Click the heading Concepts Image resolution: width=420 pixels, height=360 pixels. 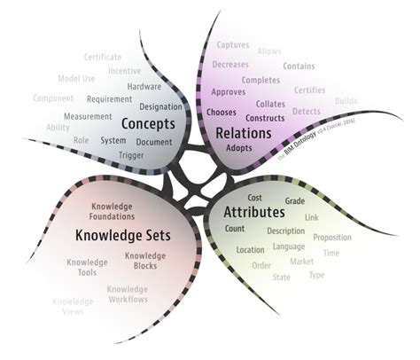pos(150,123)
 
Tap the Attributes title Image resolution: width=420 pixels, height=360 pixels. pos(253,213)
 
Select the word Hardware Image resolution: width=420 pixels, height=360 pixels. pos(144,87)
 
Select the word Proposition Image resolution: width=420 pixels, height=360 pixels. pos(332,238)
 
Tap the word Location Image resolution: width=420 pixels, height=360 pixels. pos(251,250)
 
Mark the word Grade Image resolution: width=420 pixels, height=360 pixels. pos(295,201)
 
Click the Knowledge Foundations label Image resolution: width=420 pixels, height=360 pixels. pos(112,211)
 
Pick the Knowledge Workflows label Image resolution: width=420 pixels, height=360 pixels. pos(127,294)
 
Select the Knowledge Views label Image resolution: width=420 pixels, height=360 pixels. pos(73,308)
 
